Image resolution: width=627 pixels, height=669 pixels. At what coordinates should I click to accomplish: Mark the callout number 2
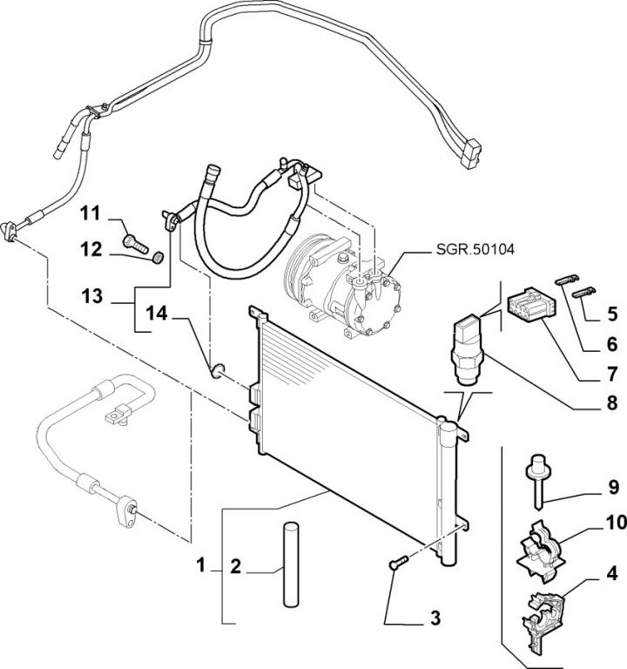[235, 567]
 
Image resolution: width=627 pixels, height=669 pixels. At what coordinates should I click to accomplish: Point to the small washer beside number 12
[157, 258]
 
